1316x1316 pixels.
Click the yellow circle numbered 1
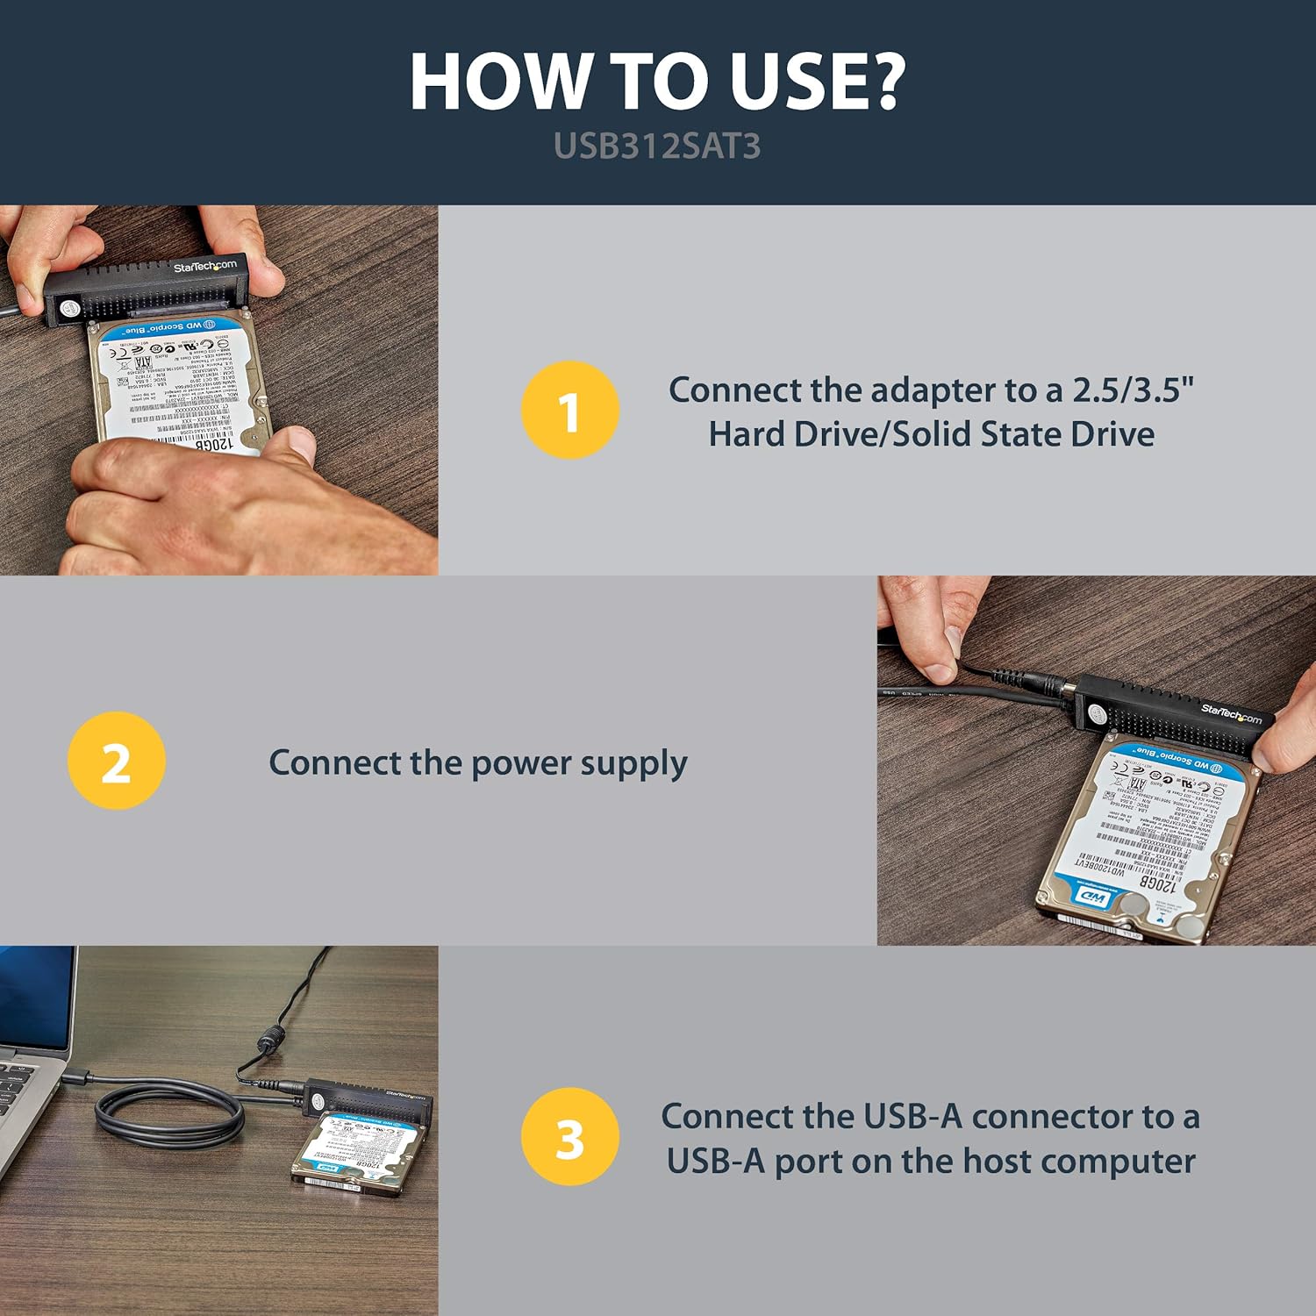pos(569,410)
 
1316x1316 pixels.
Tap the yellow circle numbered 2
pos(116,761)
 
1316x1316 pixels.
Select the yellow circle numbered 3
pos(569,1137)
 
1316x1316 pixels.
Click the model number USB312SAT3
pos(657,147)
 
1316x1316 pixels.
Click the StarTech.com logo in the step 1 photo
pos(204,266)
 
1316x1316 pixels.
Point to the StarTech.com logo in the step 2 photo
pos(1231,714)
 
